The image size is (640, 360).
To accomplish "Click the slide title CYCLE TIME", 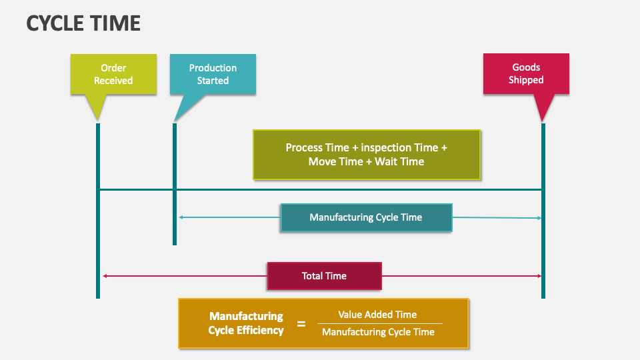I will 83,23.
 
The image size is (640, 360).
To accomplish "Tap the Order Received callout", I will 113,74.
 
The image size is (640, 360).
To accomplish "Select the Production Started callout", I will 213,74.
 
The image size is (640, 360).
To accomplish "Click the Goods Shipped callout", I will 526,73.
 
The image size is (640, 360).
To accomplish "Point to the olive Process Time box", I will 366,155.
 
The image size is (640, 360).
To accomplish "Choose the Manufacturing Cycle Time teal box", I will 365,217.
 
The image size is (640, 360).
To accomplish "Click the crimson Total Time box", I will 324,276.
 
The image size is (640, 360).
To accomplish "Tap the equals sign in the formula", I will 301,324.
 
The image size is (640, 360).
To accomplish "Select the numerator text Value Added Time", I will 377,315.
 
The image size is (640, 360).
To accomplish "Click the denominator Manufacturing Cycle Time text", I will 378,332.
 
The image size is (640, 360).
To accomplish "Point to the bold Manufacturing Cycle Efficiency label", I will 246,323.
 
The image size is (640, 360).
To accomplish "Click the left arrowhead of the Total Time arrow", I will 105,276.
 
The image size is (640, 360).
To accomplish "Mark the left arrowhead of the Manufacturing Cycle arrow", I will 181,217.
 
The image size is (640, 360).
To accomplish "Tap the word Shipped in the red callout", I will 526,80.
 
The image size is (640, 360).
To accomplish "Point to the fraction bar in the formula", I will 379,323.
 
